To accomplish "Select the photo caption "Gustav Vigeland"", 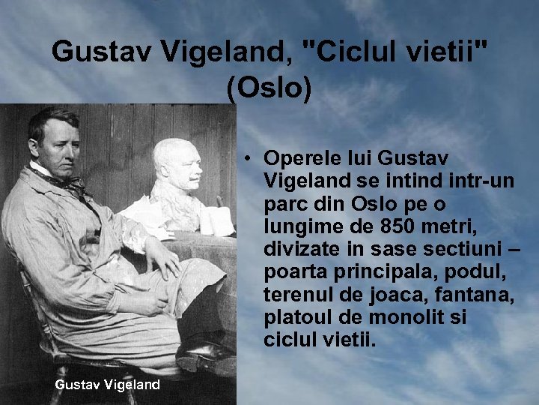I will pos(108,384).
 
